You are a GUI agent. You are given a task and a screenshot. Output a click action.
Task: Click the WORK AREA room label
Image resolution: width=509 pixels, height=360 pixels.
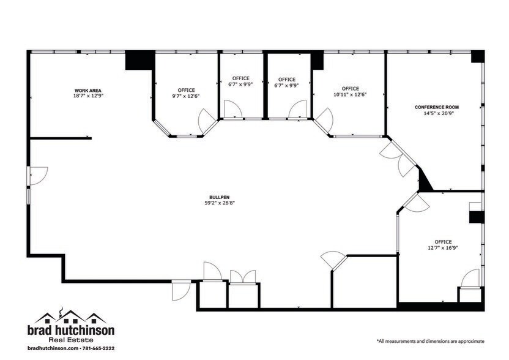pos(87,90)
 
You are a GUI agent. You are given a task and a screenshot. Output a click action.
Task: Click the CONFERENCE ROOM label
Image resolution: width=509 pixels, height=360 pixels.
pos(436,107)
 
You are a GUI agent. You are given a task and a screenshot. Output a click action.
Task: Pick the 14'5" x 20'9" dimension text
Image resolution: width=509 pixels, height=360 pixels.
pos(436,113)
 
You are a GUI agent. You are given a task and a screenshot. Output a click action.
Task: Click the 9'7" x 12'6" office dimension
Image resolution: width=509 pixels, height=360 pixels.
pos(185,96)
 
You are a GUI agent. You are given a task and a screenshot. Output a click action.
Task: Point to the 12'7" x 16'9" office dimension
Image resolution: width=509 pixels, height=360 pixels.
pos(442,247)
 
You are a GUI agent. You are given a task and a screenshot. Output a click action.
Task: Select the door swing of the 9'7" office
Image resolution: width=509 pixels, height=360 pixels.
pos(208,116)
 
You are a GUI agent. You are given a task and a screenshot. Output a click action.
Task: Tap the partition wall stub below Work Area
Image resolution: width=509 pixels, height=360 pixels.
pos(61,138)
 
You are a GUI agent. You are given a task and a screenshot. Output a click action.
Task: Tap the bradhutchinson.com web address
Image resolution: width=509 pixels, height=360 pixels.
pos(54,348)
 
